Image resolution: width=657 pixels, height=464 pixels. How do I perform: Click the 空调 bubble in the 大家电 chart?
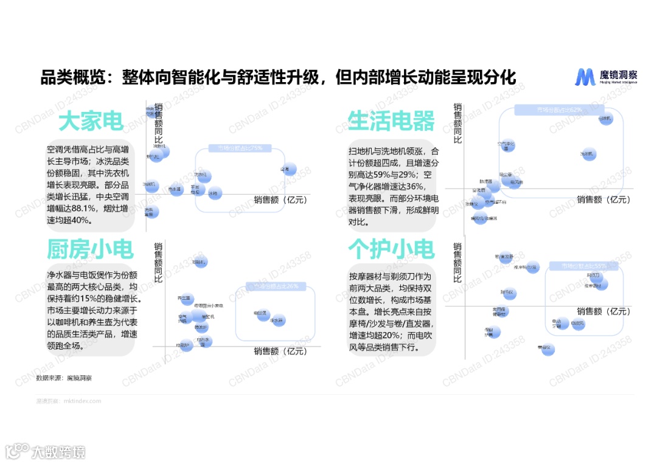[289, 169]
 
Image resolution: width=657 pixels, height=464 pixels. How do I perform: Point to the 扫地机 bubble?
[605, 119]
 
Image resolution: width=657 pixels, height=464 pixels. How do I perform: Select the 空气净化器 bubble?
[507, 145]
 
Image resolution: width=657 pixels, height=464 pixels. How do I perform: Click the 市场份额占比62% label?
[559, 110]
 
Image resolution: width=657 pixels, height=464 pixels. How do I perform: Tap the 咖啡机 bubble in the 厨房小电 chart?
[200, 261]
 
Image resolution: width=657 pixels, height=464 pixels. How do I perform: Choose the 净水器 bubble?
[278, 320]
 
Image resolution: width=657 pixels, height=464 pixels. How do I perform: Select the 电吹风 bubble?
[577, 324]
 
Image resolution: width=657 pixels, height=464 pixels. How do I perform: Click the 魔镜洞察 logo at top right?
[607, 77]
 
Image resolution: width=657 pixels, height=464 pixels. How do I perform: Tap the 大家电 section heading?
[91, 121]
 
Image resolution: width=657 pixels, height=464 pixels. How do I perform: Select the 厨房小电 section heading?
[90, 249]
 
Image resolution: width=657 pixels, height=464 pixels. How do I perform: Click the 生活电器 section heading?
[391, 121]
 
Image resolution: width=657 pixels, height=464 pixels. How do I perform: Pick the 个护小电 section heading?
[391, 249]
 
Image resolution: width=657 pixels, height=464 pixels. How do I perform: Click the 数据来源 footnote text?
[64, 378]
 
